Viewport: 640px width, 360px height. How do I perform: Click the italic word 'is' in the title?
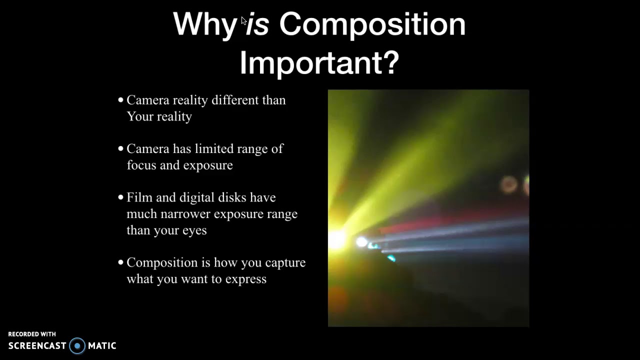(x=258, y=24)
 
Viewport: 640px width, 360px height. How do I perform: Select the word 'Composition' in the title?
(x=372, y=24)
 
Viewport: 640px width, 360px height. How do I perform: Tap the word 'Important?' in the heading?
(x=319, y=63)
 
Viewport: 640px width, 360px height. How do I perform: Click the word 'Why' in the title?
(x=204, y=24)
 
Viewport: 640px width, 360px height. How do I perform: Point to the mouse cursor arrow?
(x=243, y=20)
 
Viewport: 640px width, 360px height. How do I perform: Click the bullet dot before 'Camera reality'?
(x=120, y=100)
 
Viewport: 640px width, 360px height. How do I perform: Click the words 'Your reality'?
(x=159, y=116)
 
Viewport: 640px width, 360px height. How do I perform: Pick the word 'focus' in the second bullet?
(x=141, y=165)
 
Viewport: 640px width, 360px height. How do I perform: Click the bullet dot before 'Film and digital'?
(x=120, y=197)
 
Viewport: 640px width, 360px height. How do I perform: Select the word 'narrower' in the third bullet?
(x=185, y=214)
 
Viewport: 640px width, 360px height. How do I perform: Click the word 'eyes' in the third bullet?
(x=194, y=230)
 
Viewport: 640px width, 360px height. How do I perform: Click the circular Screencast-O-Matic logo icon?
(x=77, y=345)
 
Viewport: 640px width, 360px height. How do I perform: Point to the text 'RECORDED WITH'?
(x=32, y=334)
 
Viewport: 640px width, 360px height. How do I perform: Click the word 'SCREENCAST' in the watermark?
(x=37, y=345)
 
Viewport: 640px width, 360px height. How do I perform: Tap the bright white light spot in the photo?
(x=361, y=242)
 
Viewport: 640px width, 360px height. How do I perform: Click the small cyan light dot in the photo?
(x=391, y=258)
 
